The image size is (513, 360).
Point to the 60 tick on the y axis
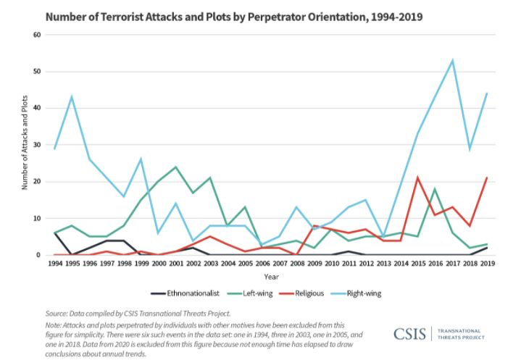click(x=36, y=35)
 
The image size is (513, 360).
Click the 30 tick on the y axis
click(x=36, y=145)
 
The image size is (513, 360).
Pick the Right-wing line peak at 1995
click(x=72, y=96)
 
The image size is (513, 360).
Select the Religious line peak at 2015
click(x=418, y=177)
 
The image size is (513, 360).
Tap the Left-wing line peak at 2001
click(x=176, y=167)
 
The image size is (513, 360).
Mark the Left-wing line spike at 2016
click(x=435, y=189)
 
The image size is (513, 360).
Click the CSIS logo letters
click(x=410, y=334)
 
